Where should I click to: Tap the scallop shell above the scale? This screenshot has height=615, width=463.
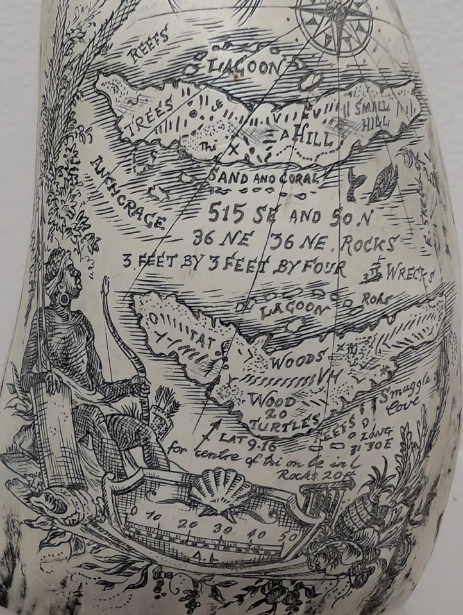pyautogui.click(x=223, y=486)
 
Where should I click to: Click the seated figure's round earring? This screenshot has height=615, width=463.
pyautogui.click(x=65, y=299)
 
